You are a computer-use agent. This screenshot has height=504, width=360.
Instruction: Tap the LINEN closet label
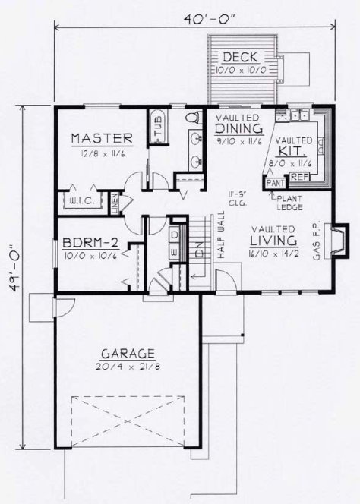coord(115,203)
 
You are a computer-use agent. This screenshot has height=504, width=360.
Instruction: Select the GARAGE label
coord(128,354)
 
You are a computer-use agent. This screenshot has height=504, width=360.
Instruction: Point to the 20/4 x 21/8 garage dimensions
coord(128,366)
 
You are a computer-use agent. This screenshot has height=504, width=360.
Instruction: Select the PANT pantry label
coord(273,183)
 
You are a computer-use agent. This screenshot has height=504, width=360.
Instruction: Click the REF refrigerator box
coord(298,176)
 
